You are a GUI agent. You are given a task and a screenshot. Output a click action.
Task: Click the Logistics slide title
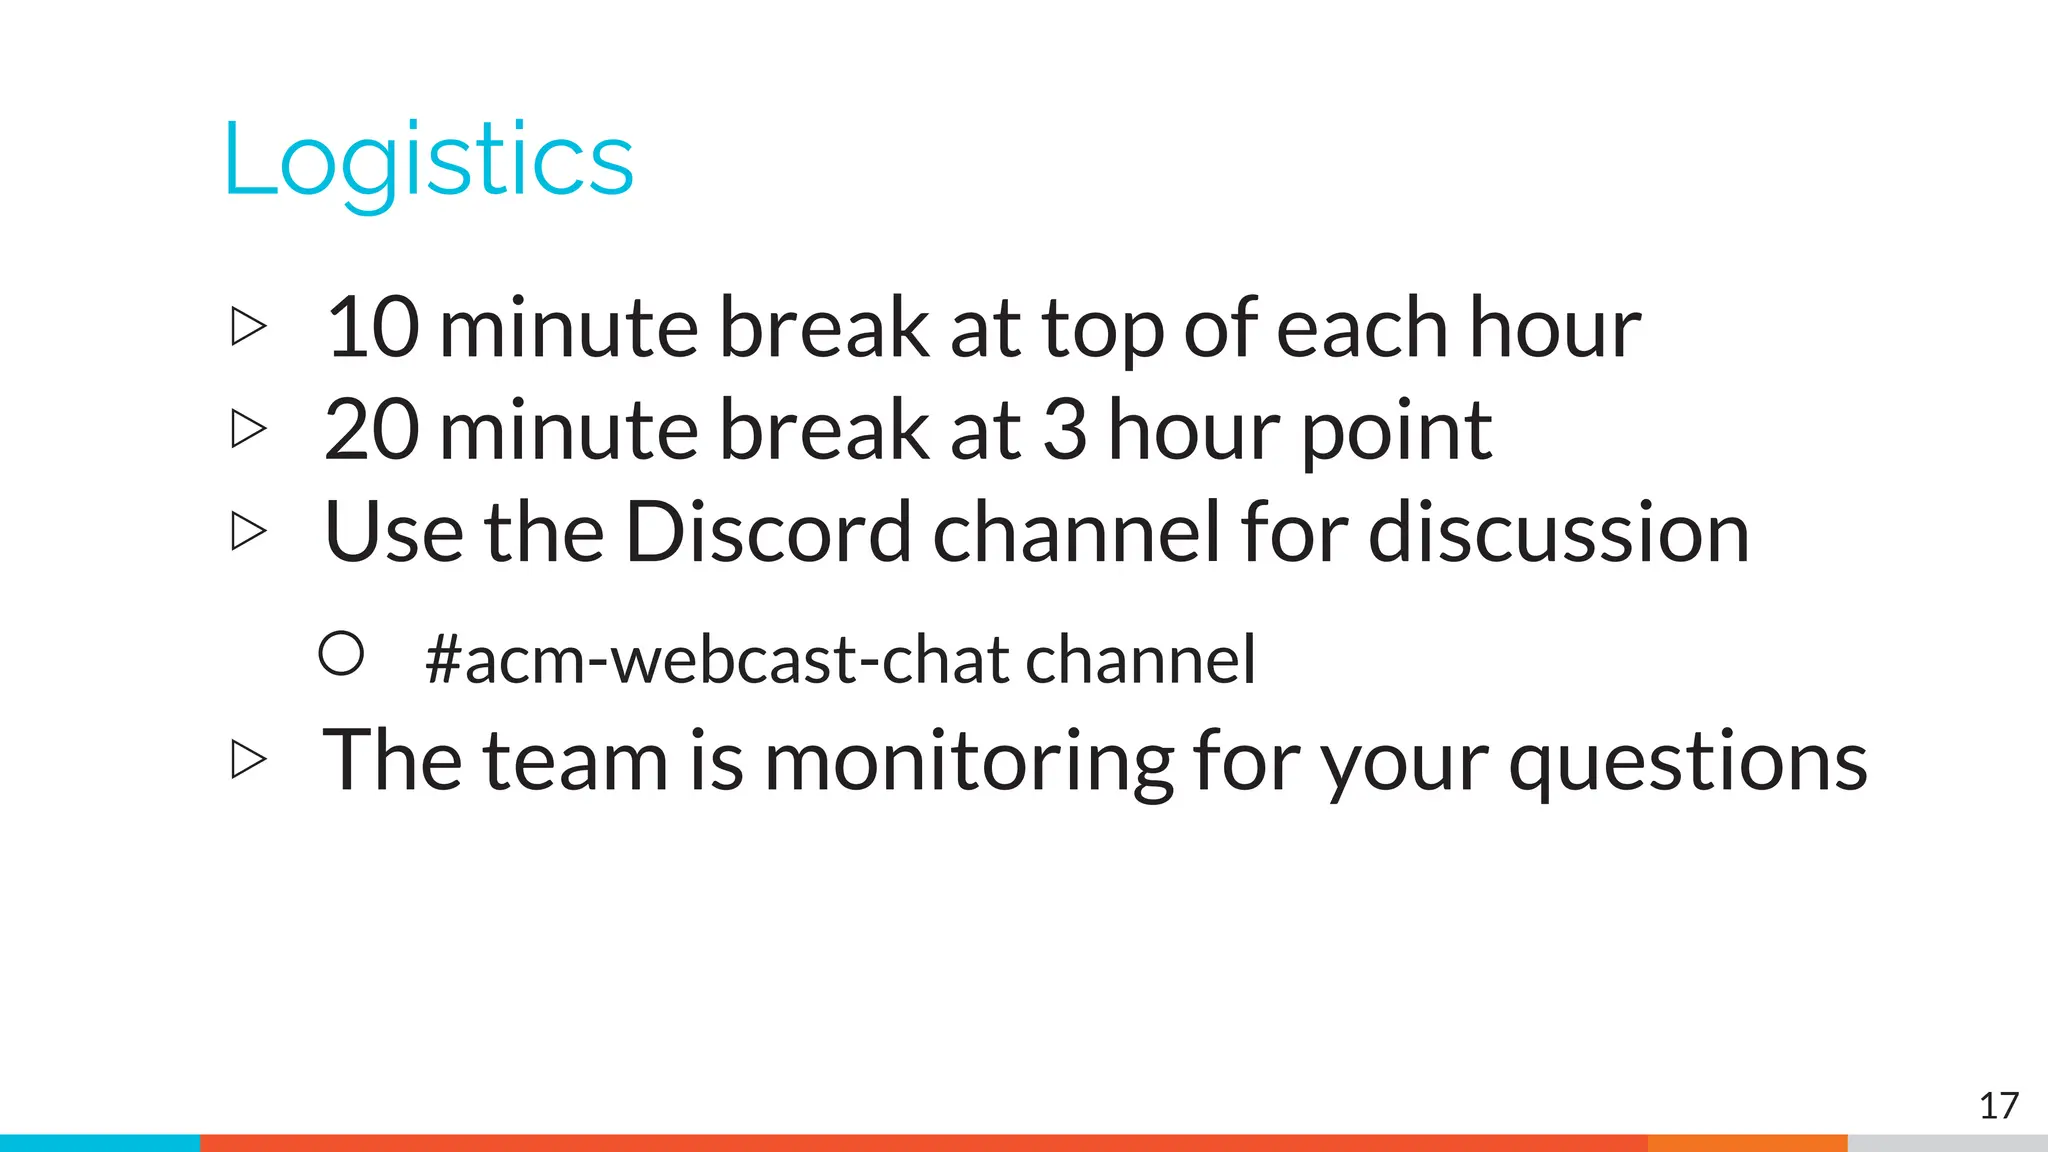[x=428, y=160]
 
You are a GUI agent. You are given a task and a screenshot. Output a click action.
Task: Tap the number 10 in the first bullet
[x=372, y=328]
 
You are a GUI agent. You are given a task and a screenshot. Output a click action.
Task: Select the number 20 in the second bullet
[x=372, y=430]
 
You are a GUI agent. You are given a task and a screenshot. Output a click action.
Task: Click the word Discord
[x=768, y=532]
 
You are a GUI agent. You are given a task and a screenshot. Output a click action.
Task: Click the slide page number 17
[x=1998, y=1106]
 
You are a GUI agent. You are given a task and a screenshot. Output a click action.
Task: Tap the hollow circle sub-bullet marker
[x=341, y=654]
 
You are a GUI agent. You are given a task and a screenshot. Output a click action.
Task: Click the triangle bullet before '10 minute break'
[x=248, y=327]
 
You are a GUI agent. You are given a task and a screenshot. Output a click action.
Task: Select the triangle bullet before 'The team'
[x=248, y=760]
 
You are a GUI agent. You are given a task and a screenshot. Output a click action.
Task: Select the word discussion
[x=1558, y=532]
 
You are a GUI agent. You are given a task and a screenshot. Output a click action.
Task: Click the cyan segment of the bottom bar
[x=100, y=1143]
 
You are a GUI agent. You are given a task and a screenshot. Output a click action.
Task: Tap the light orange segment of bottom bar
[x=1746, y=1143]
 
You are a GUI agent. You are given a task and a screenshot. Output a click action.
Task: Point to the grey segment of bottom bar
[x=1946, y=1143]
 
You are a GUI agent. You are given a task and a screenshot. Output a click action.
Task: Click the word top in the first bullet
[x=1103, y=330]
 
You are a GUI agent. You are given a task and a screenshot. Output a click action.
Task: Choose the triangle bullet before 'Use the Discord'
[x=248, y=531]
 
